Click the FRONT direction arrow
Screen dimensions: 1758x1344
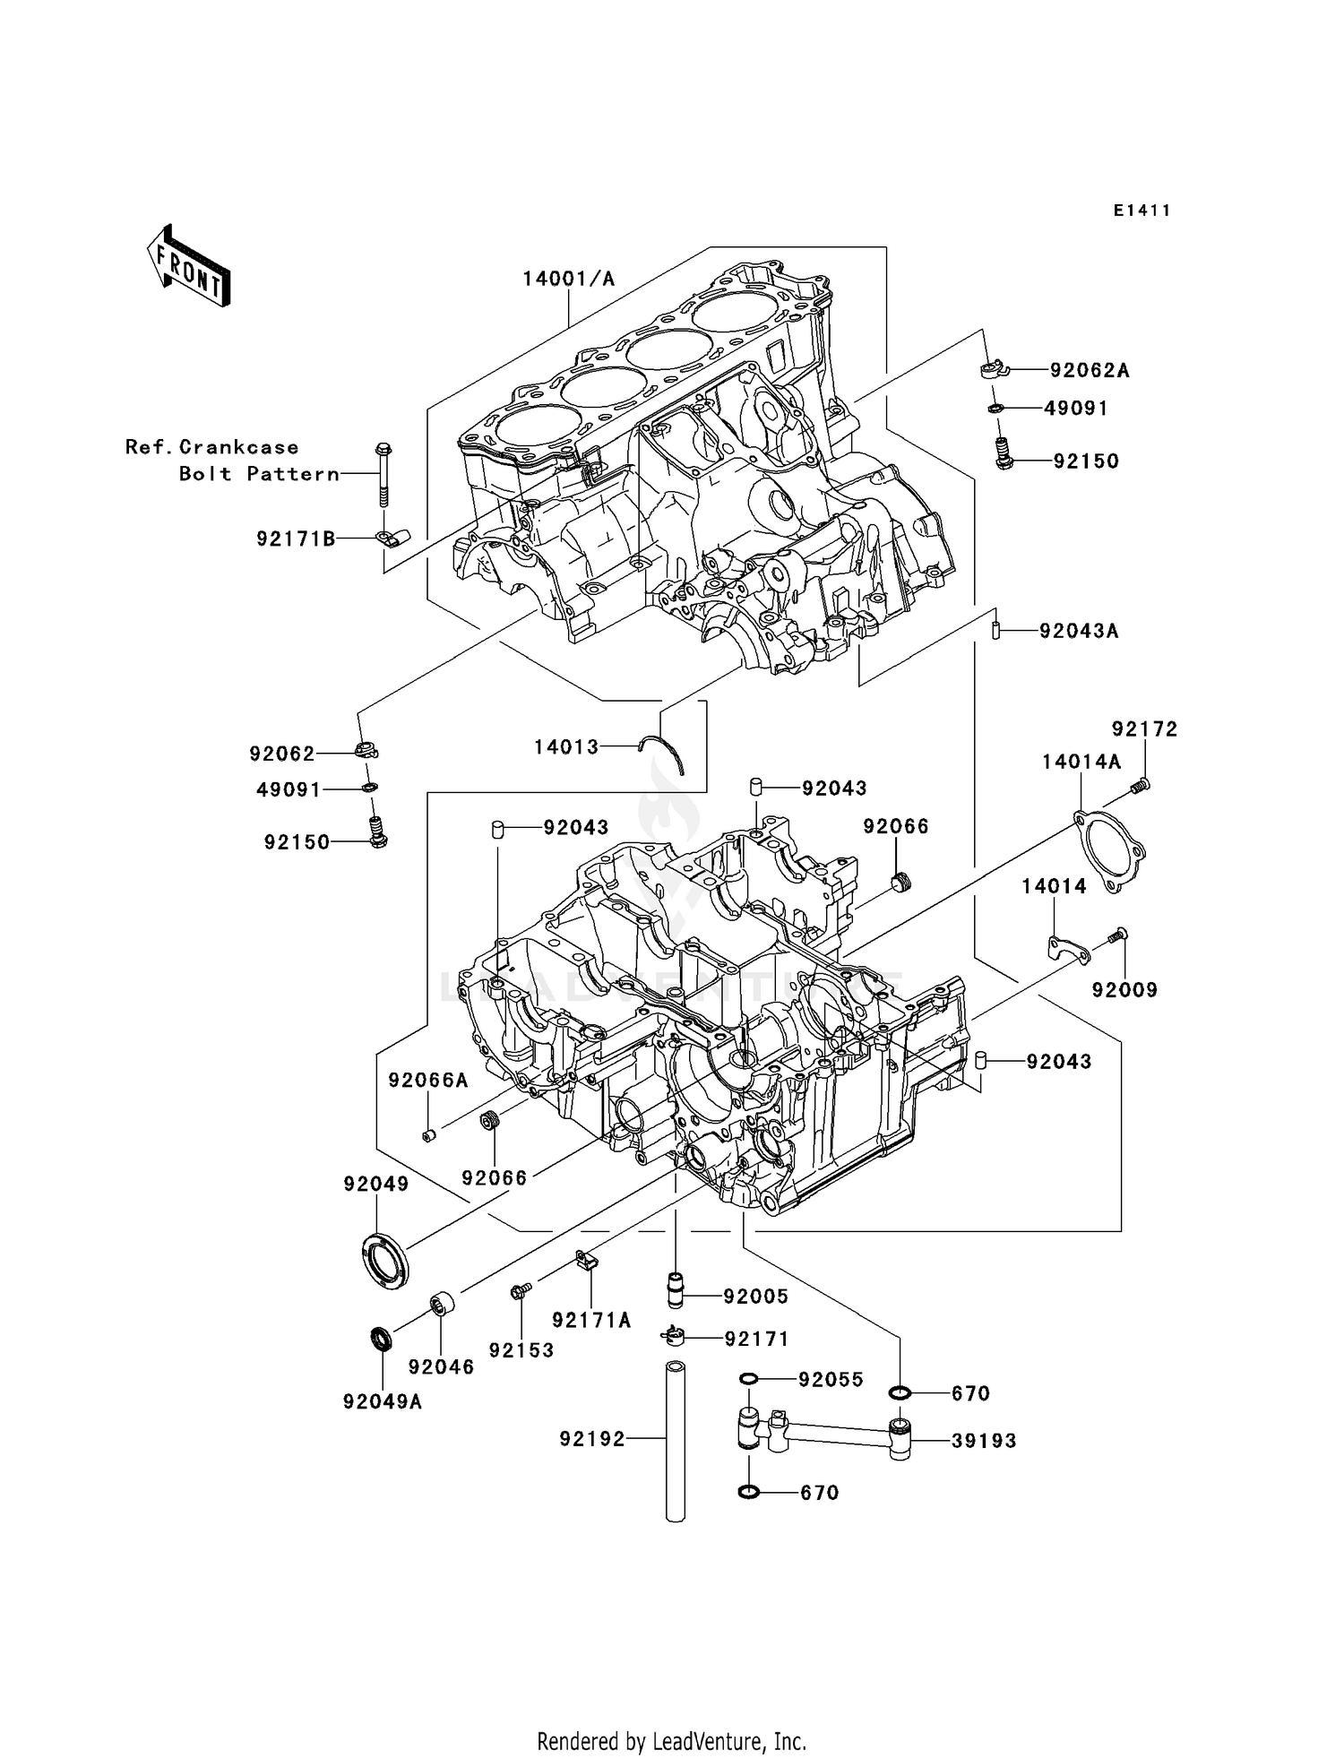pos(189,266)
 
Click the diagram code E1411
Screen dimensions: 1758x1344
pos(1142,211)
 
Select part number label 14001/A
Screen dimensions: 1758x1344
pos(569,279)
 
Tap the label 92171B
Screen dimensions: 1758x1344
pos(296,539)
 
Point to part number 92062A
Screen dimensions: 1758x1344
pos(1090,371)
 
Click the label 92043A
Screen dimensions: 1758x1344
pos(1079,631)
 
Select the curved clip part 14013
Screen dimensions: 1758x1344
pos(665,754)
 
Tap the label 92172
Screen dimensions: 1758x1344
pos(1144,729)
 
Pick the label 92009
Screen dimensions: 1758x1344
pos(1124,990)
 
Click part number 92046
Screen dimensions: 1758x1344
pos(441,1367)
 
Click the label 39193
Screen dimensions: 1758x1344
pos(984,1441)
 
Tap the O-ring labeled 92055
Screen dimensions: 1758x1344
pos(750,1379)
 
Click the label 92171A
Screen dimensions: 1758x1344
pos(591,1320)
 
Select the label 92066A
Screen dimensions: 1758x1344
pos(427,1081)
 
